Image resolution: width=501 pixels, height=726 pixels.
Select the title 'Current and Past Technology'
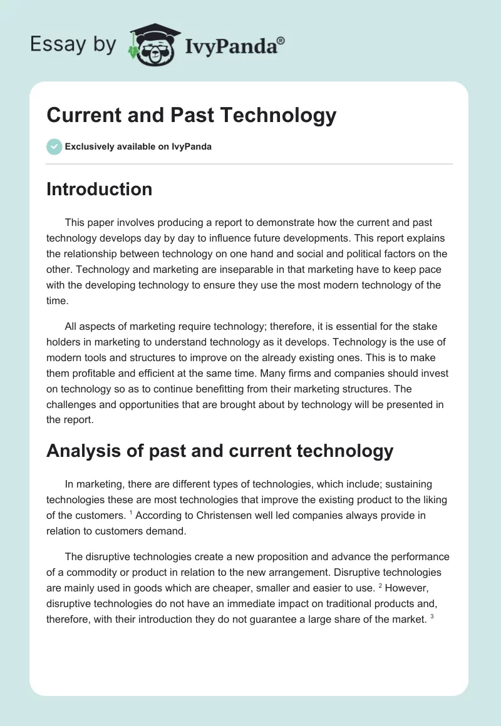coord(192,115)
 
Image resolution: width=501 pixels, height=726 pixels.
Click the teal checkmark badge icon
coord(54,146)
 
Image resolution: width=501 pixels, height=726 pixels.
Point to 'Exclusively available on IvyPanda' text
coord(138,146)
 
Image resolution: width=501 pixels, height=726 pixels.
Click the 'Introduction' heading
coord(99,190)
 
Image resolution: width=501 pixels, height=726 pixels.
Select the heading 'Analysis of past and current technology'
coord(220,451)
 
